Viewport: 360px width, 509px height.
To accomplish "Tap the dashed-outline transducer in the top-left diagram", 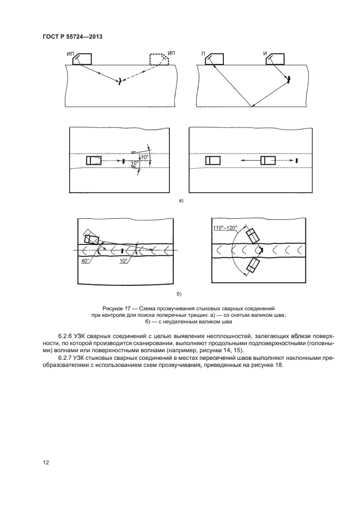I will tap(158, 59).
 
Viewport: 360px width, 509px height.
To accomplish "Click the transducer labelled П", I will tap(215, 59).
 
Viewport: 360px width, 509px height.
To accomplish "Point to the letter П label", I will tap(203, 53).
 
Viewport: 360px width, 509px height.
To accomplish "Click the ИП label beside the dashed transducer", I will tap(172, 53).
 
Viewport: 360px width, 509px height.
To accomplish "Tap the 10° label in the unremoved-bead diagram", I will tap(124, 261).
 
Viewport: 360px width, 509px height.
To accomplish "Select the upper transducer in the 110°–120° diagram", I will tap(253, 236).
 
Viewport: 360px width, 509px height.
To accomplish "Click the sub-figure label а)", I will tap(181, 200).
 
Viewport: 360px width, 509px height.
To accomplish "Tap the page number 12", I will tap(46, 462).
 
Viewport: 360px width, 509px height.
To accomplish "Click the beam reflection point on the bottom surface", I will tap(253, 107).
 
